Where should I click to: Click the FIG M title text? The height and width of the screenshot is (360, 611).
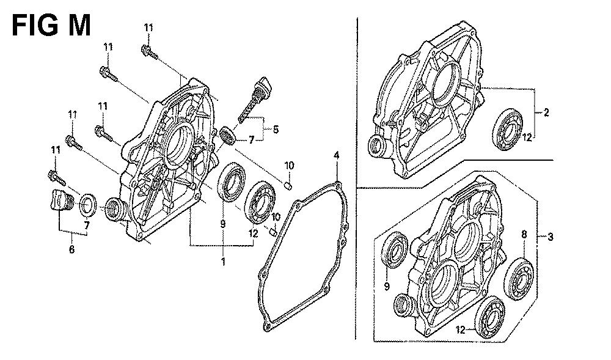tap(51, 26)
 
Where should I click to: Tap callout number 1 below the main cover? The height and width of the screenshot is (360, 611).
tap(223, 262)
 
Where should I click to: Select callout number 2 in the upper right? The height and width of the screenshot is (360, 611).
tap(546, 112)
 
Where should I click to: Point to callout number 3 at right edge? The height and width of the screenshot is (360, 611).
tap(551, 236)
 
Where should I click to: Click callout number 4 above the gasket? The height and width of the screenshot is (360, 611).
tap(336, 155)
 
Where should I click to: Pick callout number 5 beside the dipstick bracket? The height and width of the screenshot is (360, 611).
tap(276, 129)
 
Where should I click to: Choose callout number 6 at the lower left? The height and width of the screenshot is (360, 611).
tap(71, 249)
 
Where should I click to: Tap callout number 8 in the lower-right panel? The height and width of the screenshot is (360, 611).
tap(524, 234)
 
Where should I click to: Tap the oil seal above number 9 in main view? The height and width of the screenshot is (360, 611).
tap(232, 182)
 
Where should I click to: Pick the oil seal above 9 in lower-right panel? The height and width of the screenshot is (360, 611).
tap(394, 250)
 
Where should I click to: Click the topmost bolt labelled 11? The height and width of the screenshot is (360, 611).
tap(149, 52)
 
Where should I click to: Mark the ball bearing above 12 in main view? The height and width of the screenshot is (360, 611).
tap(260, 202)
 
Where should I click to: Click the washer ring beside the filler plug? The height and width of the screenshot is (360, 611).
tap(89, 205)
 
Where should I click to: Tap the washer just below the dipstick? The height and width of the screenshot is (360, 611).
tap(227, 136)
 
